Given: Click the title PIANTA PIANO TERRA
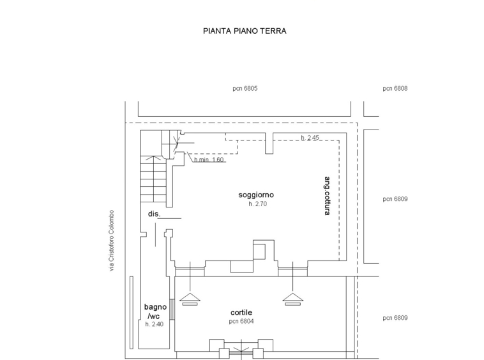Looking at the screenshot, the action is [x=245, y=31].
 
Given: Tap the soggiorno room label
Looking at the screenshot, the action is [x=256, y=195].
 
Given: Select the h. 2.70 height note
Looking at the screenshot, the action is [x=258, y=204].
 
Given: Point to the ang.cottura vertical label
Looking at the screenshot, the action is [x=327, y=195].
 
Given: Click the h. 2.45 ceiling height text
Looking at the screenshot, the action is [x=310, y=138].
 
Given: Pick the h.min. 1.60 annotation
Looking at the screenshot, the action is [x=209, y=160].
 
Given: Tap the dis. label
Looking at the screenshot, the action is [x=154, y=214].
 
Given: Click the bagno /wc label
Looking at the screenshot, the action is [x=155, y=311].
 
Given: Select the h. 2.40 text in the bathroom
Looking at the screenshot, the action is [x=155, y=324].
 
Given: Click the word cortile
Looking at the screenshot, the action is [x=241, y=313].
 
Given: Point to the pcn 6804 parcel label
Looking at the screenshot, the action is [x=241, y=322].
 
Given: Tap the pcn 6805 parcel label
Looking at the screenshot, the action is [x=245, y=89].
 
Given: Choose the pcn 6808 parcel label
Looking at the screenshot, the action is [x=395, y=89].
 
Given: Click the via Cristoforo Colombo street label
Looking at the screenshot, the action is [x=112, y=241].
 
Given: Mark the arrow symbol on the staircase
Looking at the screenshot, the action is [x=153, y=158].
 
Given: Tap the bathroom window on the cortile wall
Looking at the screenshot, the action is [x=172, y=310].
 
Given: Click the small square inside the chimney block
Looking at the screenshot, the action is [x=259, y=251].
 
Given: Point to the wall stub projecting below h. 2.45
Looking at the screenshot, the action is [x=269, y=143].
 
